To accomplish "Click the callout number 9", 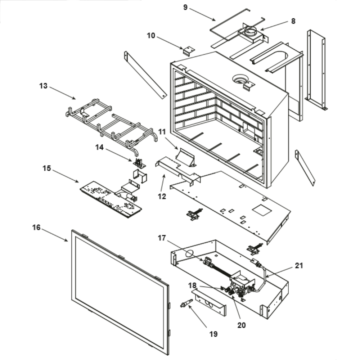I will point(185,7).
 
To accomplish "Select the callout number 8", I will point(293,21).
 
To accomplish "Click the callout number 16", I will point(36,228).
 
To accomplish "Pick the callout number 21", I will point(299,266).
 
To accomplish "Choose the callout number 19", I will point(213,334).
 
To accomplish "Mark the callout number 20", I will point(241,325).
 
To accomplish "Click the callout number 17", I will point(162,238).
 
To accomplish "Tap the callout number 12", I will point(162,196).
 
